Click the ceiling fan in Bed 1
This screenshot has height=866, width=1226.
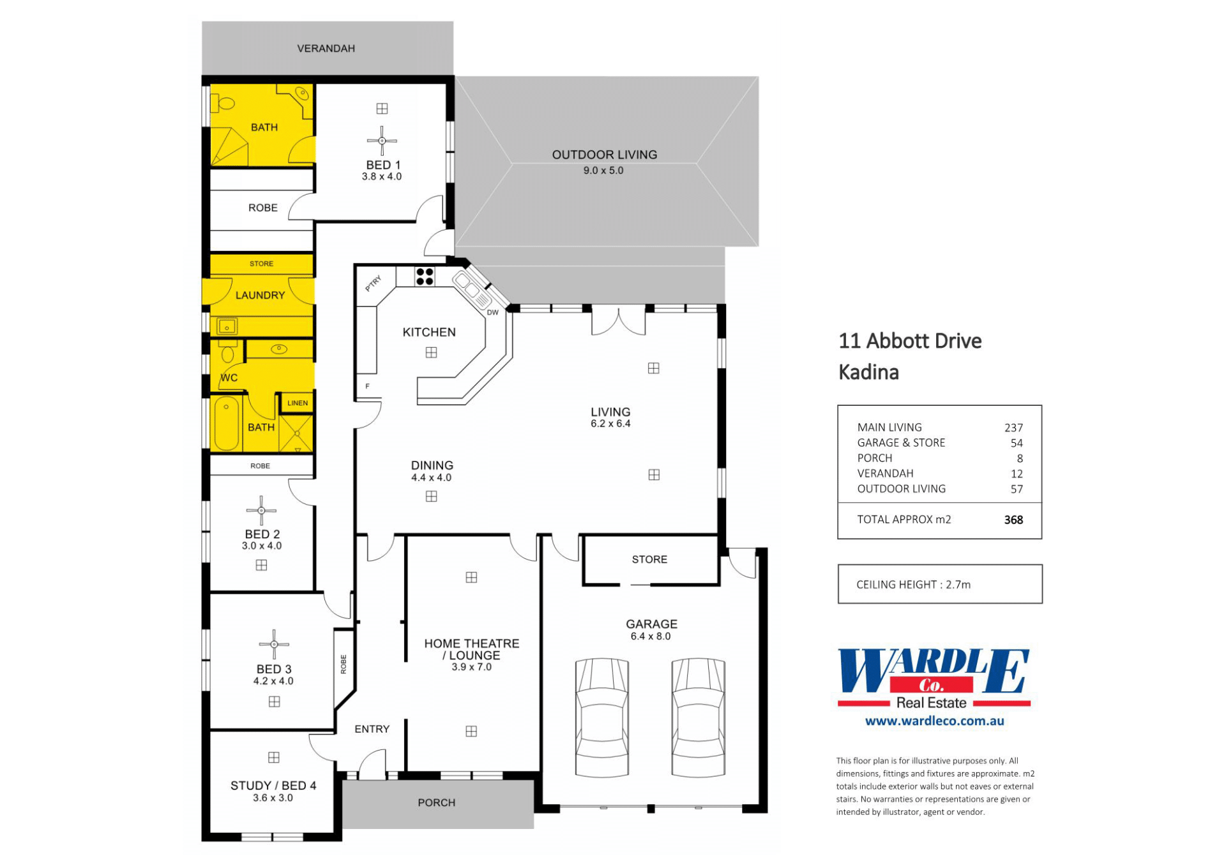coord(382,140)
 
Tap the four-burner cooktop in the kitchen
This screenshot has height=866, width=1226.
coord(425,276)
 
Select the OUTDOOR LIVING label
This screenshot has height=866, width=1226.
coord(604,154)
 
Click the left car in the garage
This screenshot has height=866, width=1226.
coord(602,717)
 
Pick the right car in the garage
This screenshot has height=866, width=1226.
coord(699,717)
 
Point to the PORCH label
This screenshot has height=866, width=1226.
coord(437,803)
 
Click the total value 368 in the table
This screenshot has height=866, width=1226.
coord(1013,520)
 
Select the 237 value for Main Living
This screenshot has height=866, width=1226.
coord(1013,428)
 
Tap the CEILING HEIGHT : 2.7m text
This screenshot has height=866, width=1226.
coord(913,585)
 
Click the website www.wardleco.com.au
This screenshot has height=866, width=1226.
coord(935,721)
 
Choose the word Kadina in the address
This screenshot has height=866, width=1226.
coord(868,372)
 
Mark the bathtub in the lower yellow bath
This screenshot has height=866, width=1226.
coord(226,424)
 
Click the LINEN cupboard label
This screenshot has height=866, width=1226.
coord(298,403)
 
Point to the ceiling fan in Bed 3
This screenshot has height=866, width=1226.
coord(274,645)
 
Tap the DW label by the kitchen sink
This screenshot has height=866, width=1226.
coord(492,313)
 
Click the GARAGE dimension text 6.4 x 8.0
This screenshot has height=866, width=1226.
coord(651,636)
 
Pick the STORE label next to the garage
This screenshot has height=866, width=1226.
coord(649,560)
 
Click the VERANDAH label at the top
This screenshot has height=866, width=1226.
coord(326,49)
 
